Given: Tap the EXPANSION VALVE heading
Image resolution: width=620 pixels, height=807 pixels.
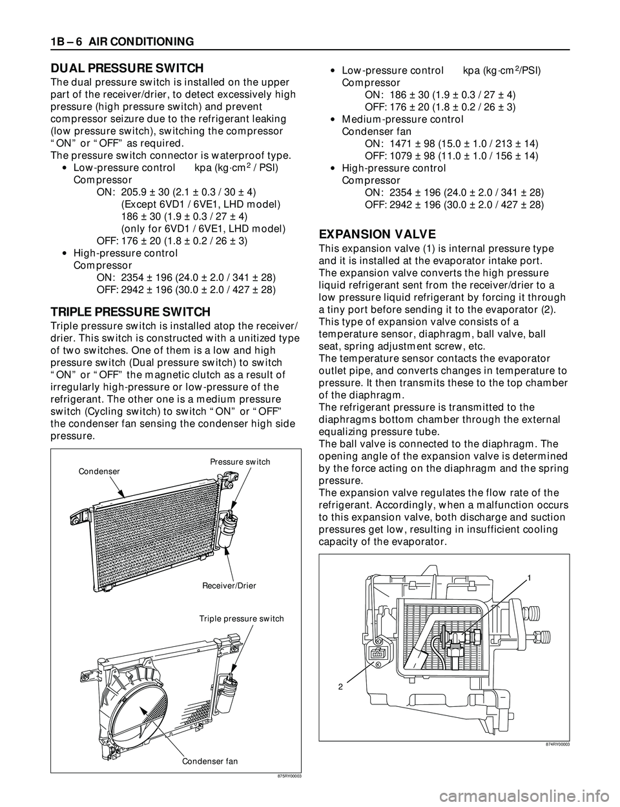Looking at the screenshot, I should pyautogui.click(x=369, y=234).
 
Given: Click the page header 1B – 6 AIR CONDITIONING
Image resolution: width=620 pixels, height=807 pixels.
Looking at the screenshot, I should pyautogui.click(x=119, y=42).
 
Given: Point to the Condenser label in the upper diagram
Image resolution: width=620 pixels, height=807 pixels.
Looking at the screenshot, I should pyautogui.click(x=99, y=471).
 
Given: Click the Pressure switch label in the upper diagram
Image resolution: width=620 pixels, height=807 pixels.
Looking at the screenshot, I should pyautogui.click(x=240, y=462).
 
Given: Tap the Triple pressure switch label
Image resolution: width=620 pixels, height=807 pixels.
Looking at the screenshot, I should pyautogui.click(x=242, y=618).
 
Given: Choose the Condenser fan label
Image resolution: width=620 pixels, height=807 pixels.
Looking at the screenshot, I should pyautogui.click(x=209, y=761).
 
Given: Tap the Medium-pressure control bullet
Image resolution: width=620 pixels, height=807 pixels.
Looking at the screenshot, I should pyautogui.click(x=402, y=119).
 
